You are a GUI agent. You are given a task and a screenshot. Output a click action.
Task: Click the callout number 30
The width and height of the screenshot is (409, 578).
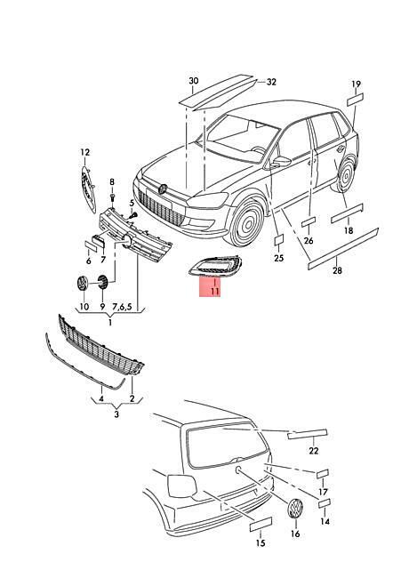click(x=194, y=80)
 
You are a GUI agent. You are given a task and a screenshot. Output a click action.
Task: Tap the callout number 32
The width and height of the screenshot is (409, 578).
click(x=271, y=82)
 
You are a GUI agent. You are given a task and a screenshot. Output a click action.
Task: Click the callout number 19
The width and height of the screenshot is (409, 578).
click(x=356, y=84)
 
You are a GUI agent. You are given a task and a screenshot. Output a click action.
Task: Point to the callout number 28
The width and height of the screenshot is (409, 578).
click(x=337, y=270)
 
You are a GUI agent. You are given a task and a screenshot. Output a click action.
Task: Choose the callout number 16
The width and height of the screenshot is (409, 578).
click(x=295, y=534)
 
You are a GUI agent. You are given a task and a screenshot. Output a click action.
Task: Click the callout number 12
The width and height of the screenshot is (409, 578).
click(x=85, y=152)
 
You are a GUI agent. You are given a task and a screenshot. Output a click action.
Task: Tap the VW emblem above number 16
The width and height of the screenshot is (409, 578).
click(x=295, y=509)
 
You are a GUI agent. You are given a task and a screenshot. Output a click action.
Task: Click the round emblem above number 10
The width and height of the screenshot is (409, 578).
click(x=82, y=284)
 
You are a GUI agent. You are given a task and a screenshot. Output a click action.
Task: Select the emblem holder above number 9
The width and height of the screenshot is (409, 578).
click(x=102, y=283)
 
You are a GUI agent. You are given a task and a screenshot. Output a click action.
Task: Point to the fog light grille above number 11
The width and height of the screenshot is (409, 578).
click(x=215, y=266)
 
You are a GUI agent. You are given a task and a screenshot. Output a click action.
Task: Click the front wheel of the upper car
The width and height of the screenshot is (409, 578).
click(x=246, y=223)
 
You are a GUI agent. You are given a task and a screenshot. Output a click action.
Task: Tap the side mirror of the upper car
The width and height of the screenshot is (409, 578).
click(x=281, y=161)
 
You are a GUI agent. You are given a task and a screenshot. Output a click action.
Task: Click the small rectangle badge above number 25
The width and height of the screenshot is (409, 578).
click(x=279, y=239)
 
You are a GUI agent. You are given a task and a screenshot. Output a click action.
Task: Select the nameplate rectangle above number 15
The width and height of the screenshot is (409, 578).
click(x=261, y=525)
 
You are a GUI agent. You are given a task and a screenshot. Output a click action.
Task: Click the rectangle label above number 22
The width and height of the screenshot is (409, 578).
click(x=307, y=434)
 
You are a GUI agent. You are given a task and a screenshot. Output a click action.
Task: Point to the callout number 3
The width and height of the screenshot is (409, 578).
click(x=116, y=414)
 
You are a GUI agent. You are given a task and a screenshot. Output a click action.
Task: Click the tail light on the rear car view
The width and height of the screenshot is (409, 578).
click(x=182, y=486)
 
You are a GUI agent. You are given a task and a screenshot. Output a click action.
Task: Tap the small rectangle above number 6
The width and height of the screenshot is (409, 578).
click(x=91, y=245)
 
